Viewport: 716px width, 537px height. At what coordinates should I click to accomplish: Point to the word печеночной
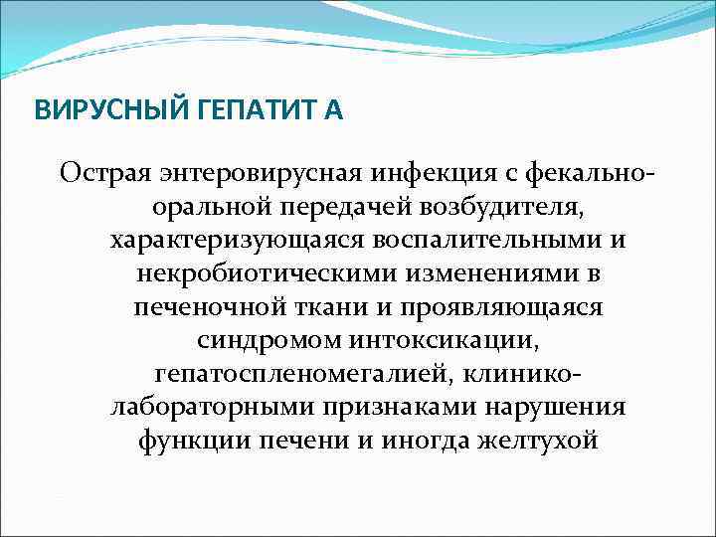tap(205, 307)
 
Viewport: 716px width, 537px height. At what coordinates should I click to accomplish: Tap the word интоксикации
tap(442, 340)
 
